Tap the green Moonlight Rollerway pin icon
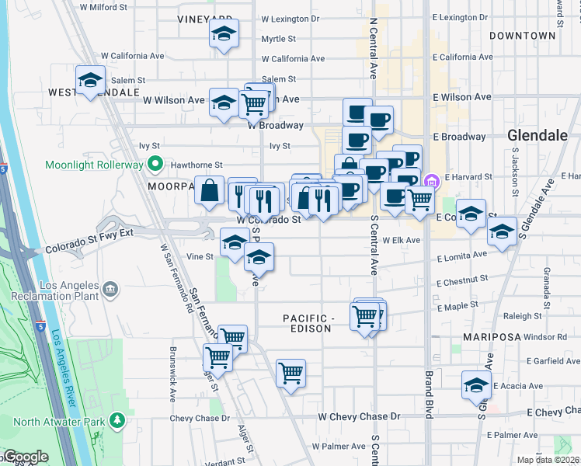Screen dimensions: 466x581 (155, 165)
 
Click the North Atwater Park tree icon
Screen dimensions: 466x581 (117, 422)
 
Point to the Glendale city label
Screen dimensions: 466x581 (538, 135)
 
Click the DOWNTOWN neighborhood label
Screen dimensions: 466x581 (522, 36)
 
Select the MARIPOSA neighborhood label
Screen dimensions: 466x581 (491, 337)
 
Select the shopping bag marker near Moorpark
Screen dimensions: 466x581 (210, 190)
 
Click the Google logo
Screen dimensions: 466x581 (25, 457)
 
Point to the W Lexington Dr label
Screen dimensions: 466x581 (290, 18)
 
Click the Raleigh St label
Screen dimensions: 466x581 (522, 316)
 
